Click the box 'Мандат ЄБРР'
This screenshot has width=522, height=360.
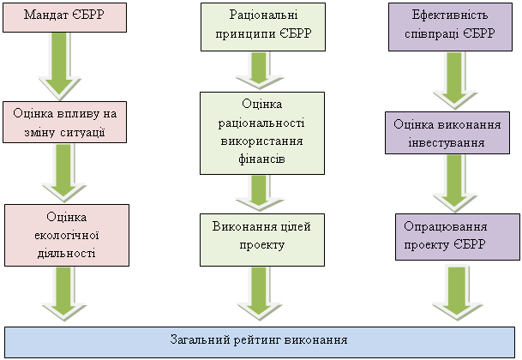tap(64, 17)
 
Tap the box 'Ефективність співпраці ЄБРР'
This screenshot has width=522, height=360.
tap(453, 26)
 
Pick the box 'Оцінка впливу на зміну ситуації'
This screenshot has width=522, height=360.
tap(65, 122)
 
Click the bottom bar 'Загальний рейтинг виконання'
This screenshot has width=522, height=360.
tap(260, 341)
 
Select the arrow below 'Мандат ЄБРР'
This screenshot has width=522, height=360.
tap(66, 66)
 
